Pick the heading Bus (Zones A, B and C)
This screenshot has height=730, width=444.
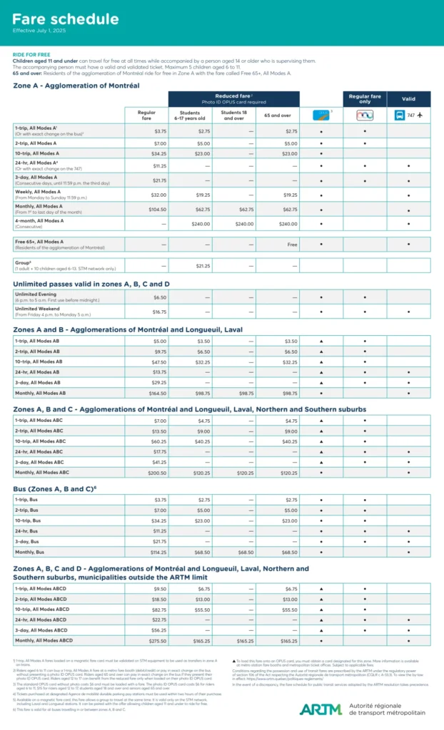[x=54, y=488]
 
